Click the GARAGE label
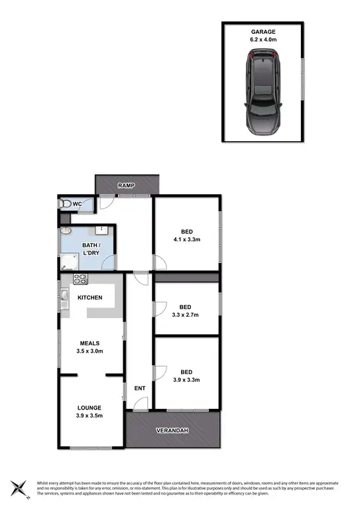coord(263,31)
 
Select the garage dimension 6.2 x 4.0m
coord(263,40)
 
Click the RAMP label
coord(127,186)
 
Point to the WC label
coord(78,203)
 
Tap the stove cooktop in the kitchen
coord(80,279)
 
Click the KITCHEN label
coord(90,298)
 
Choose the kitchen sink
coord(65,296)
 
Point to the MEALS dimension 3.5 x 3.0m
coord(90,351)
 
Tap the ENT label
coord(139,388)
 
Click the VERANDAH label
coord(172,431)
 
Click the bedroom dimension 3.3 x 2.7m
coord(186,315)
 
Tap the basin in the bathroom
coord(66,231)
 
